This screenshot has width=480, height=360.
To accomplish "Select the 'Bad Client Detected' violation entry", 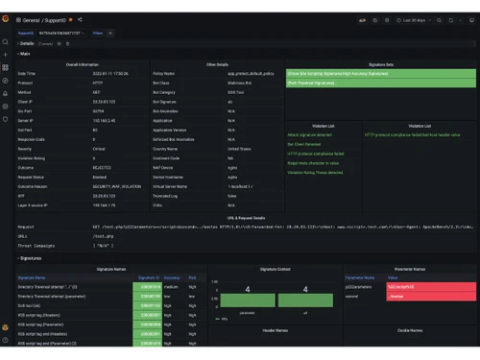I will (x=306, y=142).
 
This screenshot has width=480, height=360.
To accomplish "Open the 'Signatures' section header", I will (x=31, y=257).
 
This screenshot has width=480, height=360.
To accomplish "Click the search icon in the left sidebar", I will (x=6, y=41).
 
